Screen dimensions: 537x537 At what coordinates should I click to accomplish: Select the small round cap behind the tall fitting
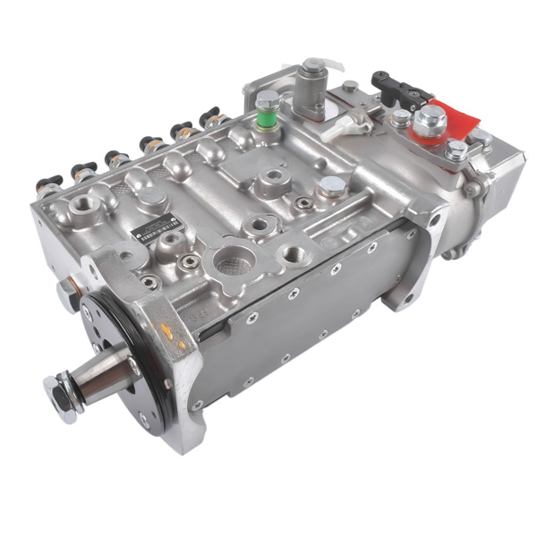point(350,86)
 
